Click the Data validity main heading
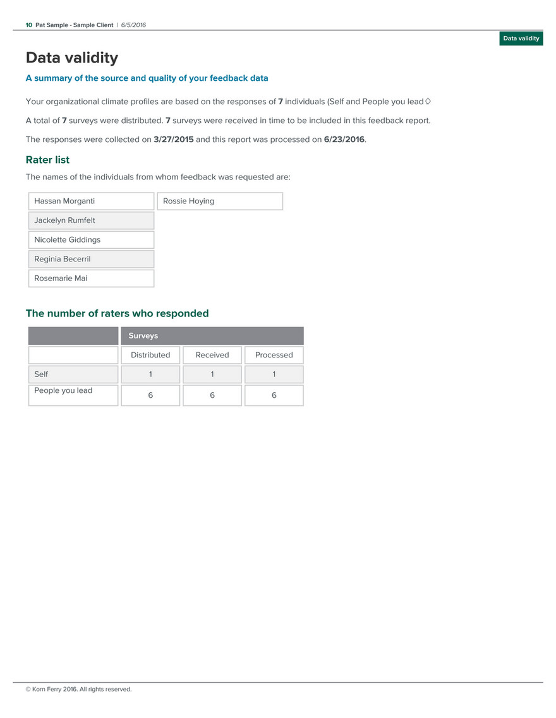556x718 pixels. tap(71, 58)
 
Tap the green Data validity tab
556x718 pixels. tap(521, 39)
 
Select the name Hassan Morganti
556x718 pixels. tap(64, 201)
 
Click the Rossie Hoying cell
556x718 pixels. tap(188, 201)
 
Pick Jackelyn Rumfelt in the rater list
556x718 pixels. tap(64, 220)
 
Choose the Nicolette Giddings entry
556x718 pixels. tap(67, 240)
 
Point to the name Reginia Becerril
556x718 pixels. tap(62, 259)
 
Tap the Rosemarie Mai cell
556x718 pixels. tap(61, 278)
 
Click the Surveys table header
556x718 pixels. tap(143, 336)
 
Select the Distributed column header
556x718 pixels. tap(150, 355)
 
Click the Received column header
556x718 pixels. tap(212, 355)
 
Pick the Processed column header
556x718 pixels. tap(274, 355)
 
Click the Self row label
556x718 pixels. tap(41, 374)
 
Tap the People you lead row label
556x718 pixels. tap(63, 391)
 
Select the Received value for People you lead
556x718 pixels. tap(212, 395)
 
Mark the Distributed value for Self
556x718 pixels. tap(150, 374)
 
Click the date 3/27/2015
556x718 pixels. tap(174, 140)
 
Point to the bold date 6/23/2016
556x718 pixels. tap(344, 140)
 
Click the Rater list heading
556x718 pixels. tap(47, 160)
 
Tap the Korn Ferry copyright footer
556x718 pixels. tap(78, 689)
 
